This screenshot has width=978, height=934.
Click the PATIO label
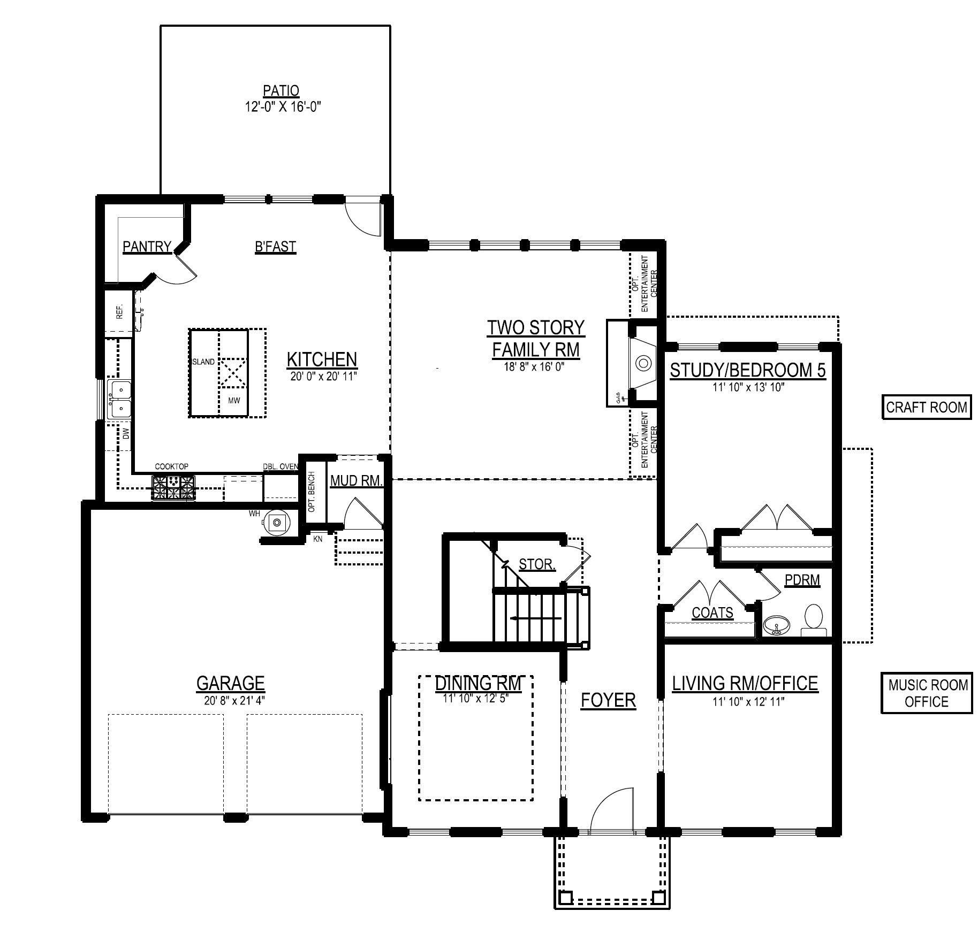click(x=281, y=91)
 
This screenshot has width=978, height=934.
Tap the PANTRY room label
click(x=147, y=247)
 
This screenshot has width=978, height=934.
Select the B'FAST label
click(x=275, y=247)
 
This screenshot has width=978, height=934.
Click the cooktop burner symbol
click(x=174, y=488)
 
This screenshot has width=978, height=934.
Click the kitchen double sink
click(x=119, y=399)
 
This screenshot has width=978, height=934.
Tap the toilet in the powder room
click(x=814, y=620)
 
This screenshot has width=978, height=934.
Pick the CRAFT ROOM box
click(x=927, y=407)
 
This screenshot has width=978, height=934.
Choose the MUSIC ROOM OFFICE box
click(x=927, y=693)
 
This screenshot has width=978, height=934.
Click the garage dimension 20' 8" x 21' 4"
click(x=231, y=700)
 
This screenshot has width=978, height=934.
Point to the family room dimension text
click(x=536, y=368)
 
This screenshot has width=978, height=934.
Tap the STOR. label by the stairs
click(x=537, y=564)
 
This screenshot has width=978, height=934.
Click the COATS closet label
click(x=712, y=613)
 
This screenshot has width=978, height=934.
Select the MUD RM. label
click(x=357, y=480)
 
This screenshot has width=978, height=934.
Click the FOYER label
click(x=608, y=700)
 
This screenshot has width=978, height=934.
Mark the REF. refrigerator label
click(x=120, y=311)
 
